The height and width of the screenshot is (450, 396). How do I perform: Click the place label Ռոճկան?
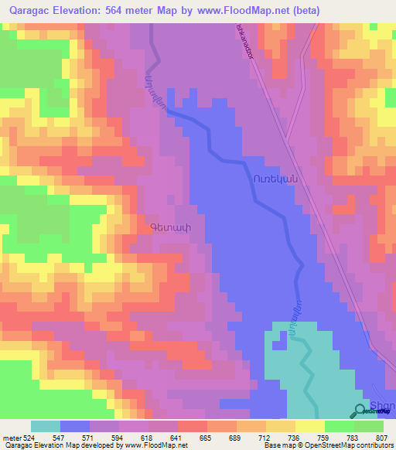275,178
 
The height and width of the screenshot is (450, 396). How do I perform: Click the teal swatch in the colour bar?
46,426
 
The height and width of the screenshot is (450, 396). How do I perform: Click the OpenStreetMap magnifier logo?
361,411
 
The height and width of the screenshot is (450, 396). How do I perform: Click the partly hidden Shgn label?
384,407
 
